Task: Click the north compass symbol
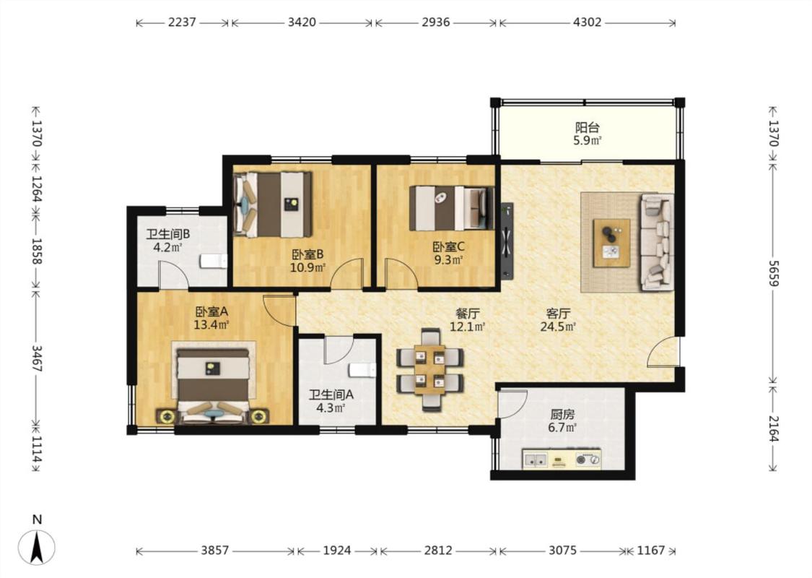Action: coord(37,546)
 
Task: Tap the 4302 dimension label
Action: coord(588,22)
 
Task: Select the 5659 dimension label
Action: coord(772,273)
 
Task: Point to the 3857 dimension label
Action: coord(215,550)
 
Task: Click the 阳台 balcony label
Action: coord(588,128)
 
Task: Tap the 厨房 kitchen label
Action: coord(562,415)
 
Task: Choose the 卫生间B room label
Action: coord(167,234)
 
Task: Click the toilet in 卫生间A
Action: coord(362,370)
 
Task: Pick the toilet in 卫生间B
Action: coord(214,261)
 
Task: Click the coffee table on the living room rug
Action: coord(611,243)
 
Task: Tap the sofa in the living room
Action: coord(657,241)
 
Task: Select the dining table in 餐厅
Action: coord(429,370)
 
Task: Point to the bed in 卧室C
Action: coord(450,208)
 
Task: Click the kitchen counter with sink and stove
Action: coord(562,459)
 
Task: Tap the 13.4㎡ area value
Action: coord(211,325)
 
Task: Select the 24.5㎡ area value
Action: coord(558,327)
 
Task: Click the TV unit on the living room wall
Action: coord(507,241)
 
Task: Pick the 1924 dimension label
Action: coord(337,550)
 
